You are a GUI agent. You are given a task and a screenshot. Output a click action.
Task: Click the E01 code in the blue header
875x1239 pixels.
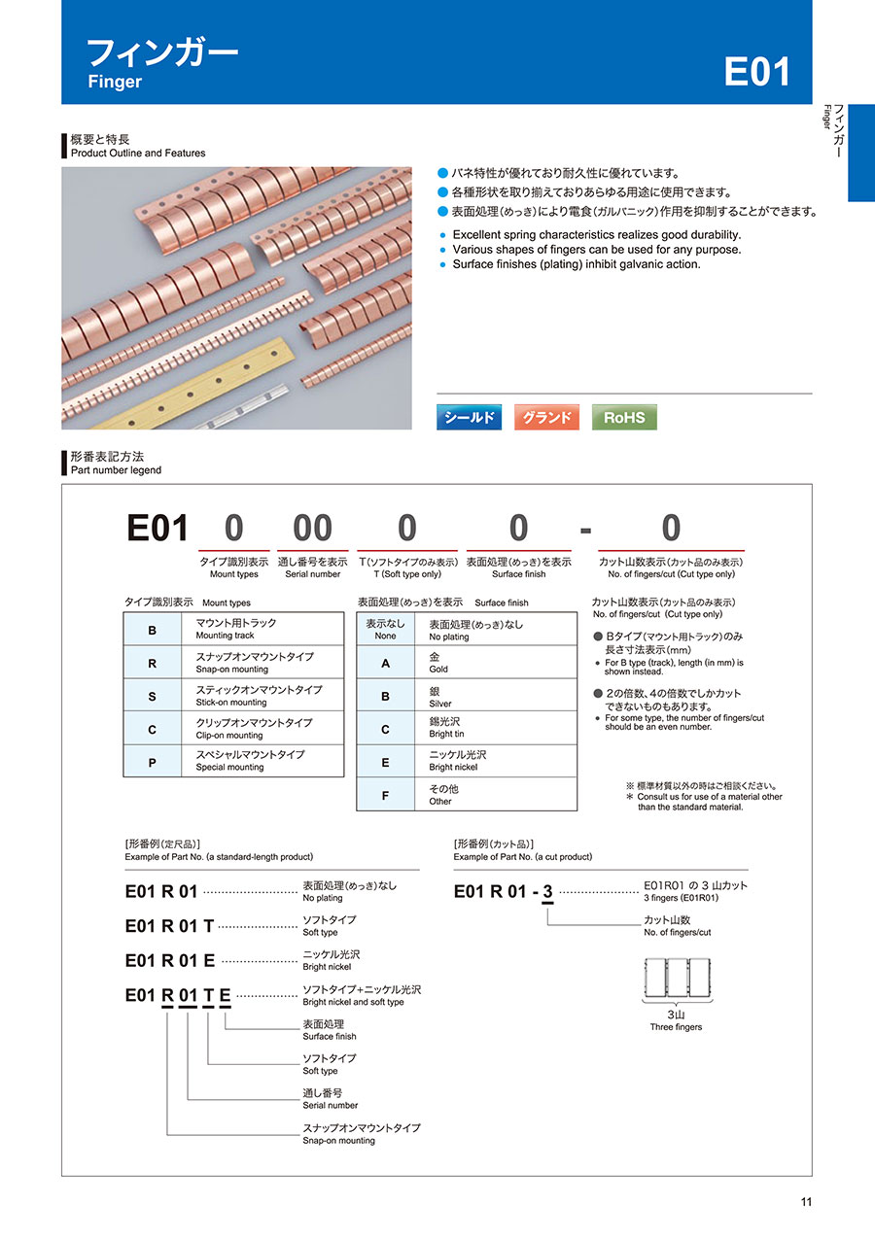click(x=756, y=72)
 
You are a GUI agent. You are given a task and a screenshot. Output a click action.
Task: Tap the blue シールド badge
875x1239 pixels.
click(x=469, y=417)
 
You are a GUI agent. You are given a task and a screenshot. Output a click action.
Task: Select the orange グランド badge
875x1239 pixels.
click(x=546, y=417)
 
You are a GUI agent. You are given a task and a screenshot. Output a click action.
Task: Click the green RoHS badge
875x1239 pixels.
click(x=624, y=417)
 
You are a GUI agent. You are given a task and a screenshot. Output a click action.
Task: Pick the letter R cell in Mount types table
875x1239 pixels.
click(x=152, y=663)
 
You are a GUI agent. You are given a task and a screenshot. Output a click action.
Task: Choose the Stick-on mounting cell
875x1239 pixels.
click(x=262, y=696)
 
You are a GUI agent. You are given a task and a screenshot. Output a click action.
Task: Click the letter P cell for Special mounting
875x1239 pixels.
click(x=152, y=762)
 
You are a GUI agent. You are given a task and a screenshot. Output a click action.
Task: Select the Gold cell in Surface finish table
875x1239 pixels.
click(x=502, y=663)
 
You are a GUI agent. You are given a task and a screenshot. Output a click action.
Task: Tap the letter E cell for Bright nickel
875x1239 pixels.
click(x=385, y=762)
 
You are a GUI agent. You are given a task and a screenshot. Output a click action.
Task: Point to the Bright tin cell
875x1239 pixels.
click(x=502, y=728)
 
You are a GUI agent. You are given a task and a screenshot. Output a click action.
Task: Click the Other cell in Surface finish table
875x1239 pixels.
click(x=502, y=795)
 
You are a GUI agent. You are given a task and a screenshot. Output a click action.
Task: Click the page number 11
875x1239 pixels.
click(x=806, y=1202)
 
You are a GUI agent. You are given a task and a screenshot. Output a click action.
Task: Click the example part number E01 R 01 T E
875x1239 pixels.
click(x=178, y=995)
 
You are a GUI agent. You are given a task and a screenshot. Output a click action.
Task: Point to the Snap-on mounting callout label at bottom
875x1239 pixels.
click(x=362, y=1133)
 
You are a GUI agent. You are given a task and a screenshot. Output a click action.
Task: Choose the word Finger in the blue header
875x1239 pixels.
click(x=115, y=82)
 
